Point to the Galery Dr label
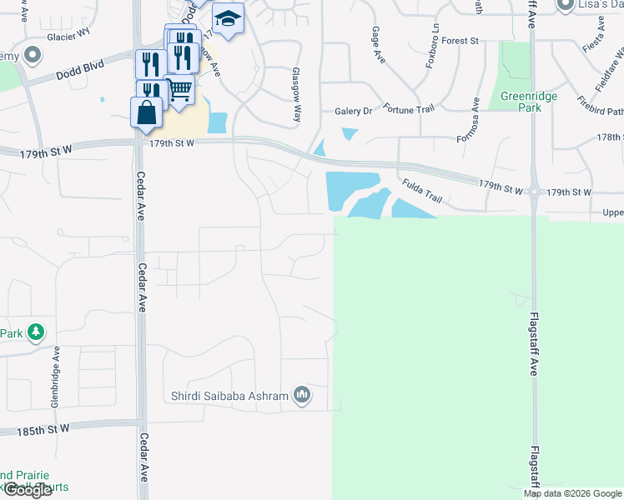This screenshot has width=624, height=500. pos(353,111)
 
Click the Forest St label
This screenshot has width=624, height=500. pos(460,40)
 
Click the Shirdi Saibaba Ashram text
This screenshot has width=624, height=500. pos(229,396)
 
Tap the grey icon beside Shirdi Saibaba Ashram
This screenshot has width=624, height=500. pos(302,395)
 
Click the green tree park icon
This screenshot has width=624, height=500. pos(35,333)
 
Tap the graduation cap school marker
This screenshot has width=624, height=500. pos(228,18)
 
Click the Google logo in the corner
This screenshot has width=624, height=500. pos(27,490)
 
